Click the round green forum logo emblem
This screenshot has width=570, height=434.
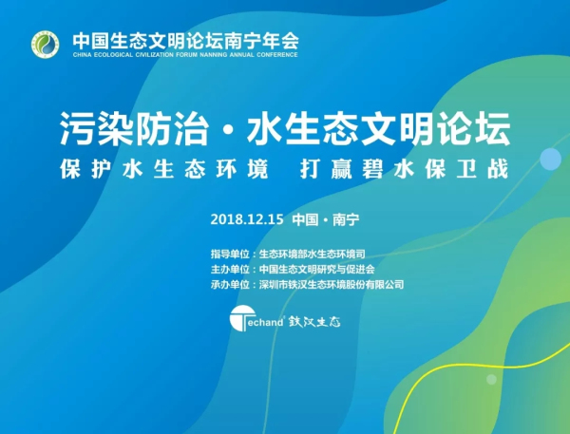(45, 45)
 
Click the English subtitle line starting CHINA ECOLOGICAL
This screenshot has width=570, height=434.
(185, 55)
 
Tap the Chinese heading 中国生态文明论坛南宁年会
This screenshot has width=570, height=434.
(185, 41)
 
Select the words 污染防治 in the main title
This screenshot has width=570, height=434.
(135, 128)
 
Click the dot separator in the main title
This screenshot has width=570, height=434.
(228, 130)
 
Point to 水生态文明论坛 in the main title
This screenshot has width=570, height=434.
(378, 128)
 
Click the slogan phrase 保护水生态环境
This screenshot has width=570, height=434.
(164, 169)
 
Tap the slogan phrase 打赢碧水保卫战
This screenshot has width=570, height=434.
(405, 169)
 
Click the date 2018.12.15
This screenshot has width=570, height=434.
(247, 219)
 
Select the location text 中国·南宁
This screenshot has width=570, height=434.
(326, 219)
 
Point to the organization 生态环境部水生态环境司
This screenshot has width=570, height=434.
(313, 254)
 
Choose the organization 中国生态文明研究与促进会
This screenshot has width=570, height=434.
(317, 269)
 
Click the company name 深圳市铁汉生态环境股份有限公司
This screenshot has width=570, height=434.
(332, 284)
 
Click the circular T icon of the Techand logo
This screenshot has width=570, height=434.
(242, 318)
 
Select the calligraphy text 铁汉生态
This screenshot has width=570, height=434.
(314, 322)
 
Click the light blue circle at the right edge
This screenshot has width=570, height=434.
(551, 159)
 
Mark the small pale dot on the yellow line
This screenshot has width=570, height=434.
(491, 379)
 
